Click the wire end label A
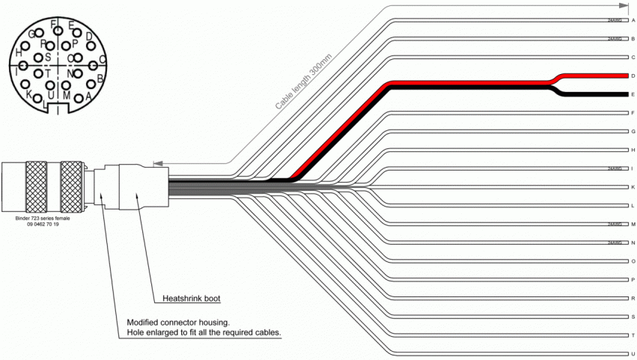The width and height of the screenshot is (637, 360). tap(633, 20)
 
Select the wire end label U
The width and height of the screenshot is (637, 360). tap(633, 353)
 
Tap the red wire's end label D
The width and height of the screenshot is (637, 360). tap(633, 76)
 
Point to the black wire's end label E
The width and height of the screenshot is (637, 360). tap(633, 94)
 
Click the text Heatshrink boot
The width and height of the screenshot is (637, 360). tap(191, 299)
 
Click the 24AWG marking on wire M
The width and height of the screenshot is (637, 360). tap(614, 224)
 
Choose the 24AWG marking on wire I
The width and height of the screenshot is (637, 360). tap(614, 168)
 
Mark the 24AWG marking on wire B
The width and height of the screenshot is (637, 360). tap(614, 38)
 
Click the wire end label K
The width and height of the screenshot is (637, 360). tap(633, 187)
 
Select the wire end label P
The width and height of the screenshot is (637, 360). tap(633, 279)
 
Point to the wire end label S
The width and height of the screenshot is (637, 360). tap(633, 317)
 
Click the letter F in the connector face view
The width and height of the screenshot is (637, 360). tap(53, 25)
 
